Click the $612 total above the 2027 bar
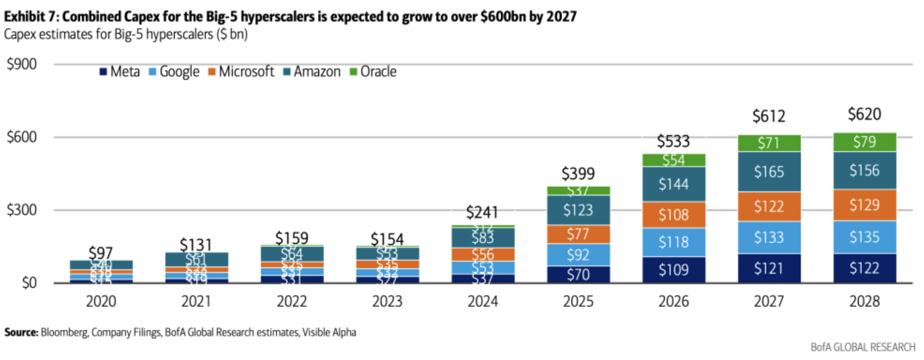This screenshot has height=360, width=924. (x=768, y=116)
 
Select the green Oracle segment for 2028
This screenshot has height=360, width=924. (x=864, y=142)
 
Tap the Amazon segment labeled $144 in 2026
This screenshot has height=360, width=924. (x=673, y=184)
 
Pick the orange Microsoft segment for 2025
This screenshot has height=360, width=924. (x=578, y=234)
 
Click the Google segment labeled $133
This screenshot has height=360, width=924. (x=769, y=237)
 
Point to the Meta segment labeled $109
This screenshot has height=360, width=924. (x=673, y=270)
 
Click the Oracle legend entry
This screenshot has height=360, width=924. (x=373, y=72)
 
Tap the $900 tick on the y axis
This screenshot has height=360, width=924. (x=22, y=64)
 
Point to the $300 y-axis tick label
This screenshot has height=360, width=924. (x=22, y=210)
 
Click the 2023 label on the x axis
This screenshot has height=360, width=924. (x=387, y=302)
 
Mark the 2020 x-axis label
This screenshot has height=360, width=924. (x=101, y=302)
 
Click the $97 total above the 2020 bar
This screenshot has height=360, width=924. (x=101, y=253)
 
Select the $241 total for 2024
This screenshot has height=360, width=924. (x=482, y=212)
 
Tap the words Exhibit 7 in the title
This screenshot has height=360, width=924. (x=31, y=17)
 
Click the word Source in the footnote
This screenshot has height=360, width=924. (x=21, y=333)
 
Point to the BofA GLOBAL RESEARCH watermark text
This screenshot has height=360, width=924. (x=862, y=348)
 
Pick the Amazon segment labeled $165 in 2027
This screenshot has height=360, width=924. (x=769, y=172)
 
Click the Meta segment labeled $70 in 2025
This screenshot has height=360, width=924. (x=578, y=274)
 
